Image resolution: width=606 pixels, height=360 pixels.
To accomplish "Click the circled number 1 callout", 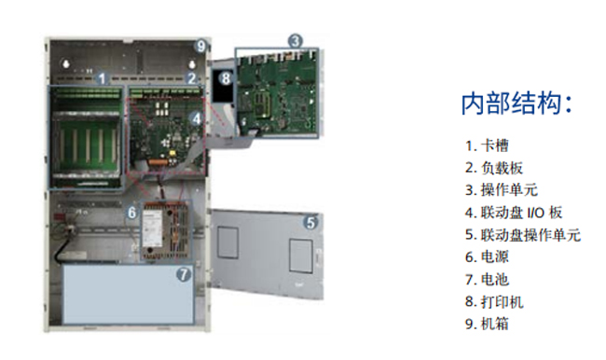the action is (x=102, y=78).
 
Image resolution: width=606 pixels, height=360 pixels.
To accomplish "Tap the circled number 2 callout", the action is (x=192, y=78).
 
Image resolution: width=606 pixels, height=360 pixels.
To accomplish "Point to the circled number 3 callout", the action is (x=296, y=41).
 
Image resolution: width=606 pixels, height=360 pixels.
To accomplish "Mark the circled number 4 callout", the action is (x=197, y=118).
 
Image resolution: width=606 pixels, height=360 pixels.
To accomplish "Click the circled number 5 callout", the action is (x=310, y=222).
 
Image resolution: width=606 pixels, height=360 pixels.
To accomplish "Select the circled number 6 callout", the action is (x=132, y=212).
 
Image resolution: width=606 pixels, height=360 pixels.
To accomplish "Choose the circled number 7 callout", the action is (x=184, y=274).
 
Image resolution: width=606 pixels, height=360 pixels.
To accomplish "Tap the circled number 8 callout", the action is (x=226, y=78).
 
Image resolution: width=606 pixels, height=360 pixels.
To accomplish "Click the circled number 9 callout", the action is (x=201, y=46).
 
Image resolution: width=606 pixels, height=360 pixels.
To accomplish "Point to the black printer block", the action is (x=224, y=86).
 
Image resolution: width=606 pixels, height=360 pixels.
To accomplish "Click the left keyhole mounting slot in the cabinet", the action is (x=66, y=63).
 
